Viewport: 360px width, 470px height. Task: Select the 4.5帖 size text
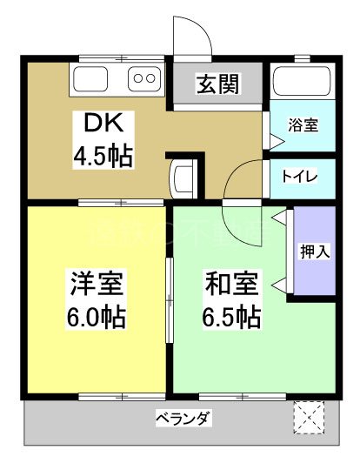(102, 157)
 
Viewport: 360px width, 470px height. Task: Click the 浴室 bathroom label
(303, 124)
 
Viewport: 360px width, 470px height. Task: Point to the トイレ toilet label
(299, 175)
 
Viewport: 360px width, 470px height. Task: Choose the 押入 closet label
(315, 252)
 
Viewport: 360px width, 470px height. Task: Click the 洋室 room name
(97, 283)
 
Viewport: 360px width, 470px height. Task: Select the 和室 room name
(230, 284)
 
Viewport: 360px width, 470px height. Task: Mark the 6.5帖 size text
(231, 316)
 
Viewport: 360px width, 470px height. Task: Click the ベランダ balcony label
(183, 418)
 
